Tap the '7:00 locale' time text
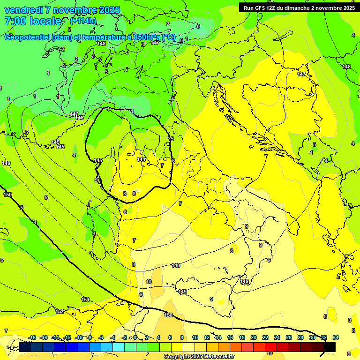(33, 21)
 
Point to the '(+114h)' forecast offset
(83, 21)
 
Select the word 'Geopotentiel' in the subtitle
(28, 37)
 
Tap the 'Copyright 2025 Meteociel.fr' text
(199, 357)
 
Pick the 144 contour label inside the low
(141, 159)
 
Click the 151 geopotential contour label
(85, 300)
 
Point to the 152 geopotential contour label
(60, 311)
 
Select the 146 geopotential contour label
(80, 118)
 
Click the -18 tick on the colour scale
(32, 337)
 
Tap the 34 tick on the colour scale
(336, 337)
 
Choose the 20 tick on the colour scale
(254, 337)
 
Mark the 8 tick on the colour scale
(182, 337)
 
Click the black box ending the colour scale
(330, 347)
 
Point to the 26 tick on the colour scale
(288, 337)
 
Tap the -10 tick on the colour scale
(79, 337)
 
